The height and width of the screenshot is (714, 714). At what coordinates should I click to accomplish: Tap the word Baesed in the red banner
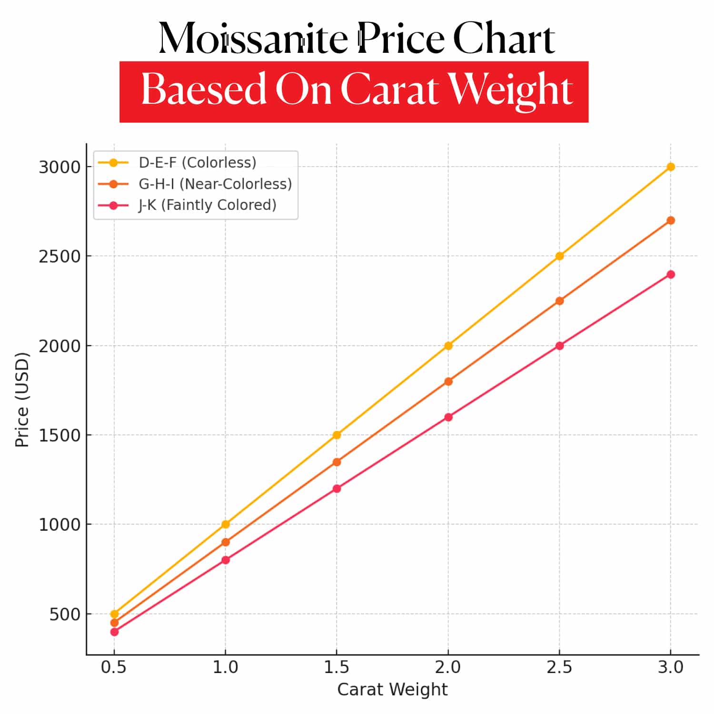pyautogui.click(x=204, y=89)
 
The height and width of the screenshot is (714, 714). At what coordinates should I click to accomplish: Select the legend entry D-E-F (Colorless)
pyautogui.click(x=197, y=163)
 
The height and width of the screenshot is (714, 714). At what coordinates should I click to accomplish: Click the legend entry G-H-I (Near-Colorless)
pyautogui.click(x=215, y=184)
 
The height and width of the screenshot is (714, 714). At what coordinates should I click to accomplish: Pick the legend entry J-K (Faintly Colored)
pyautogui.click(x=207, y=205)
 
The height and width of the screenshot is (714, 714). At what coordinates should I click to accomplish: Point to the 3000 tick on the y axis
pyautogui.click(x=59, y=167)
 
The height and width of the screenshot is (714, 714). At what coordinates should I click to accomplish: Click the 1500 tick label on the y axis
pyautogui.click(x=59, y=435)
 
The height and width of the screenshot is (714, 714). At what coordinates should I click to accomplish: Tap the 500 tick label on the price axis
pyautogui.click(x=65, y=614)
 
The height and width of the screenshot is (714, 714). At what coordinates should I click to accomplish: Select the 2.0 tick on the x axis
pyautogui.click(x=448, y=667)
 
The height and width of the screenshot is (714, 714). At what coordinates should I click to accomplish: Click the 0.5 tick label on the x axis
pyautogui.click(x=114, y=667)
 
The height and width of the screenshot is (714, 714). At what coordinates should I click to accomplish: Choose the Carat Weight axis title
pyautogui.click(x=392, y=689)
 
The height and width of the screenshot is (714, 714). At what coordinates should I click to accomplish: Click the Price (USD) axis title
pyautogui.click(x=22, y=400)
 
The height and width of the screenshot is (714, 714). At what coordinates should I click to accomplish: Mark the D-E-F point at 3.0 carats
pyautogui.click(x=671, y=167)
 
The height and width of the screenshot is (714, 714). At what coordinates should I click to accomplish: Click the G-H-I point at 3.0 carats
pyautogui.click(x=671, y=220)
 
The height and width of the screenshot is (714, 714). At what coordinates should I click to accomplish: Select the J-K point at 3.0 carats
pyautogui.click(x=671, y=274)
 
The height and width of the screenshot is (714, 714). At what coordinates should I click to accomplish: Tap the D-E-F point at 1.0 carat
pyautogui.click(x=226, y=524)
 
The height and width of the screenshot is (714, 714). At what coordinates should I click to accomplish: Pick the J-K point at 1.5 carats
pyautogui.click(x=337, y=488)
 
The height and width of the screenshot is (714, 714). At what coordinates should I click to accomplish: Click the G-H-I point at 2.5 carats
pyautogui.click(x=559, y=301)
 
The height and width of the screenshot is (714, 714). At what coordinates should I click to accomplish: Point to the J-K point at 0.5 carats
pyautogui.click(x=114, y=632)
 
